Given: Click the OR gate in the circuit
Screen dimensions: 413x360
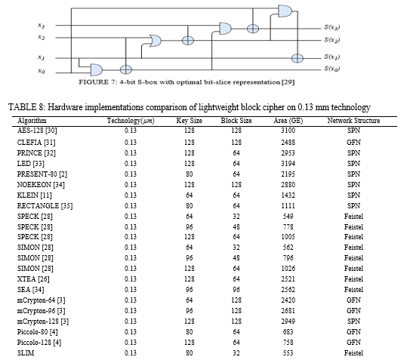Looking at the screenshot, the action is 156,41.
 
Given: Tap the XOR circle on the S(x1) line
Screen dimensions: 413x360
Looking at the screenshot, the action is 297,58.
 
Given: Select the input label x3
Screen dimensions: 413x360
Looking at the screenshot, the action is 41,26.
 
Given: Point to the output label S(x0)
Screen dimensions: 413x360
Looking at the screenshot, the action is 332,69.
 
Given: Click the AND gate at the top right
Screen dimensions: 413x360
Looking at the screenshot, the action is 285,11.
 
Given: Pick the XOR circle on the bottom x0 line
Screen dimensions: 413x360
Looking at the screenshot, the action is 125,69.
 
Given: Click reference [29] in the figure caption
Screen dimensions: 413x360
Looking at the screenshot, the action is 288,82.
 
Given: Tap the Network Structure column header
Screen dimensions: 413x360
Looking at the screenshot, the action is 353,121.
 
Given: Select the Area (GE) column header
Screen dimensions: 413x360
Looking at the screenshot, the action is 288,121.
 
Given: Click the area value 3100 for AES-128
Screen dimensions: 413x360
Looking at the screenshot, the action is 288,131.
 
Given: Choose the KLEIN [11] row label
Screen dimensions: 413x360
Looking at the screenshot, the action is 35,195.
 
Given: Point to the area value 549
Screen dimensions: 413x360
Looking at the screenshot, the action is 288,216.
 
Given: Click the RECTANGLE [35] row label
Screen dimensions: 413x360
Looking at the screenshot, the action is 45,206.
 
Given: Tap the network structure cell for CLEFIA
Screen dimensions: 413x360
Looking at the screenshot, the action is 353,143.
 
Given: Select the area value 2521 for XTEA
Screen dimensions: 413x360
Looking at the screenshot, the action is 288,279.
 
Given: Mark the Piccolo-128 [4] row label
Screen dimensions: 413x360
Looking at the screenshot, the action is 39,343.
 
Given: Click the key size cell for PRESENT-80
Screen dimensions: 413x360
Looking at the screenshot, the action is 189,174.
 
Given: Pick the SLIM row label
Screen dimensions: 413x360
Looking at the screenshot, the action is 26,353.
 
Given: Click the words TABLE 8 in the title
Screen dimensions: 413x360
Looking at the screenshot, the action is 26,107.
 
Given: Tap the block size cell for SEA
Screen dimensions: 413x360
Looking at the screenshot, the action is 236,289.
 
